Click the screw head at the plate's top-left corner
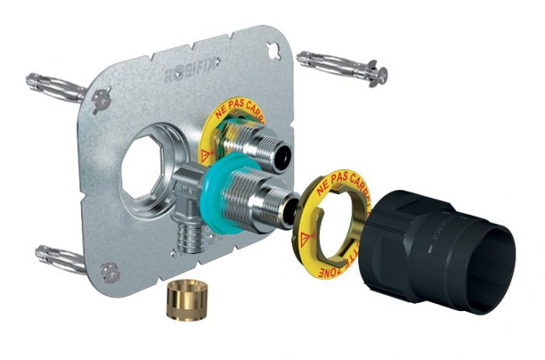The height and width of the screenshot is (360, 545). click(x=104, y=99)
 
